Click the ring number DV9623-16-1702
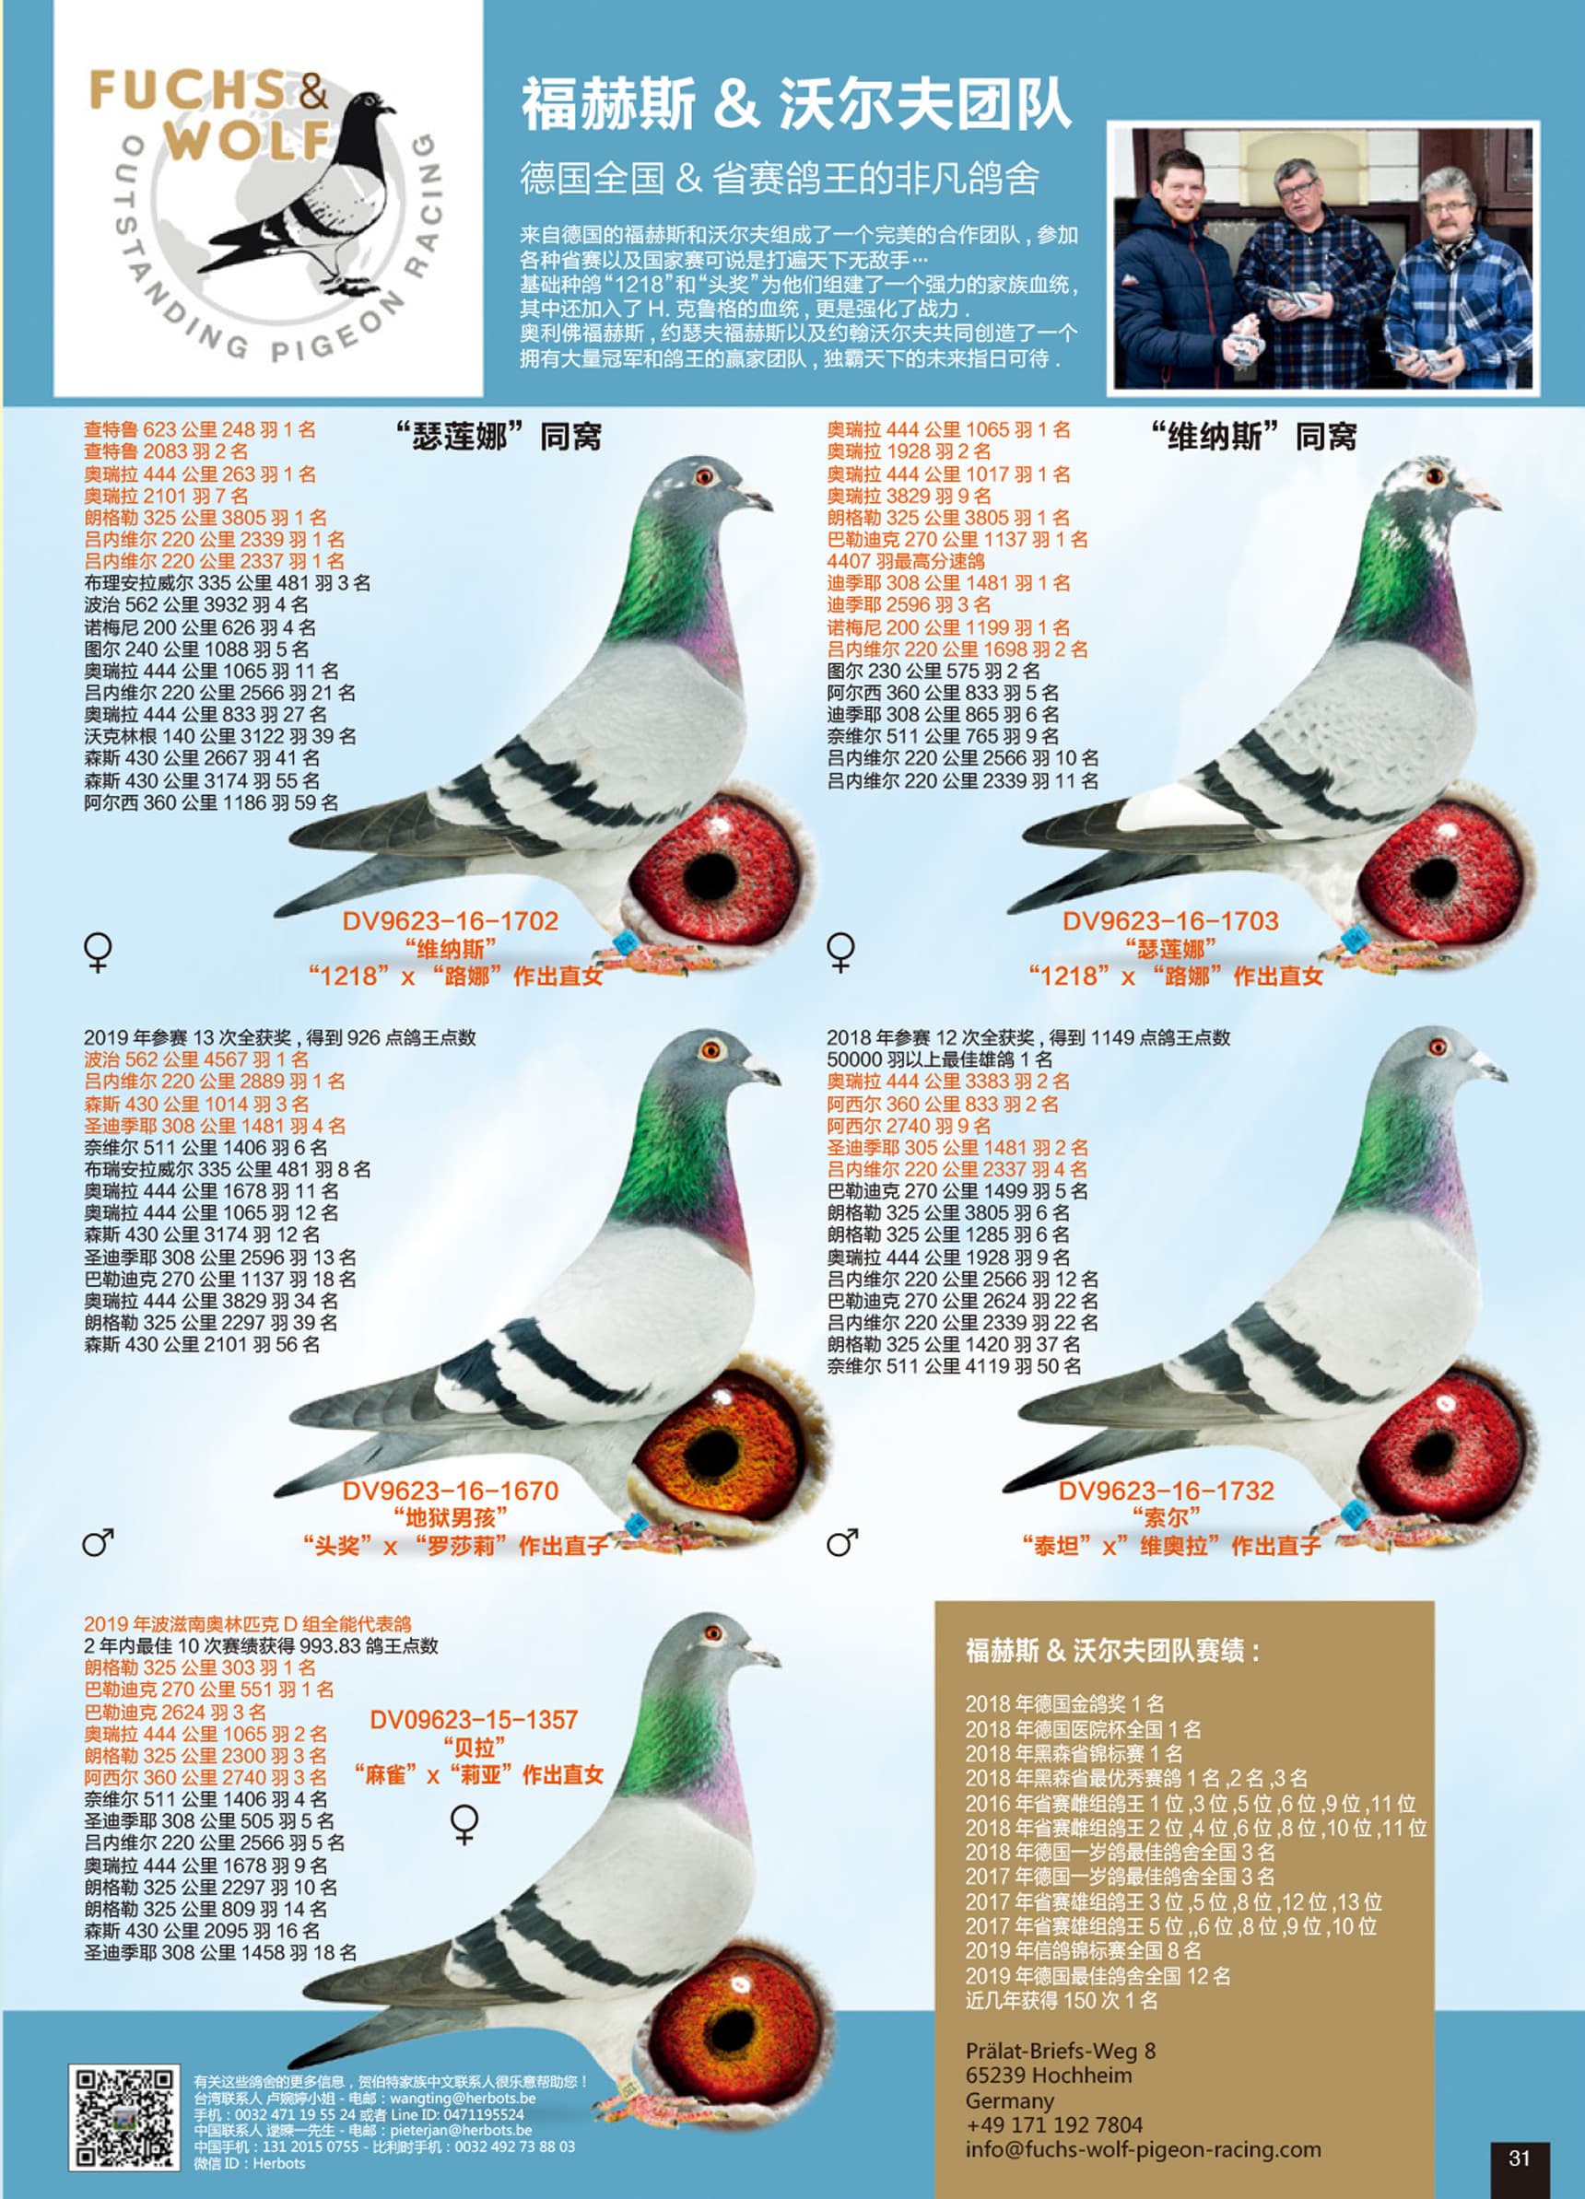click(x=450, y=921)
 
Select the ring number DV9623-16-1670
click(x=450, y=1491)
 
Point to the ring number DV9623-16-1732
click(x=1166, y=1491)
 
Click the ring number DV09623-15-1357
click(x=474, y=1720)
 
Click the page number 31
click(x=1520, y=2158)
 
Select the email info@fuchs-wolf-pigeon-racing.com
click(x=1143, y=2149)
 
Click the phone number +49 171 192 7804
click(x=1053, y=2124)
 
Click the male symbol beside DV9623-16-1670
click(x=98, y=1541)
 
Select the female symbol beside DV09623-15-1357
click(x=465, y=1824)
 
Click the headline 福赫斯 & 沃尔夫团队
click(x=796, y=105)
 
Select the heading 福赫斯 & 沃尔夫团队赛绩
click(x=1112, y=1651)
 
